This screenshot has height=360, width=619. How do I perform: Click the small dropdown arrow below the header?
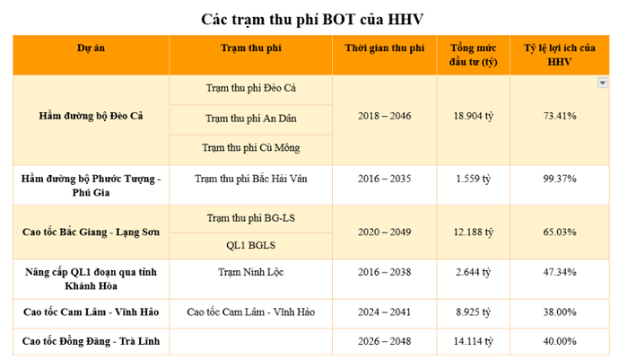click(602, 83)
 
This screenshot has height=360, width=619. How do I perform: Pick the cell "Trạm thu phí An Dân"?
click(250, 118)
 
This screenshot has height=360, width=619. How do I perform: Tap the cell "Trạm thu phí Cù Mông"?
click(250, 146)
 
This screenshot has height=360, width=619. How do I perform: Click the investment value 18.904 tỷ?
click(474, 117)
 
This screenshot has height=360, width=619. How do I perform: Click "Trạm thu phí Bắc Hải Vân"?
click(250, 179)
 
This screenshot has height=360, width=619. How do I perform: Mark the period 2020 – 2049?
click(384, 232)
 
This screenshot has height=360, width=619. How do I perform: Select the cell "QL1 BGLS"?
click(250, 245)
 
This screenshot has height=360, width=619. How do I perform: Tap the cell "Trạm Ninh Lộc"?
click(250, 270)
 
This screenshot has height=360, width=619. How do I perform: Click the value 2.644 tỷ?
click(474, 277)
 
